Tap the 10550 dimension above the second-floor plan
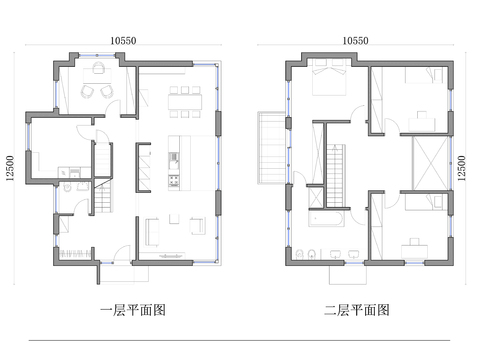pyautogui.click(x=356, y=41)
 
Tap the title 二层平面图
pyautogui.click(x=357, y=310)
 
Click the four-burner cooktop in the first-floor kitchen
pyautogui.click(x=174, y=182)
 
